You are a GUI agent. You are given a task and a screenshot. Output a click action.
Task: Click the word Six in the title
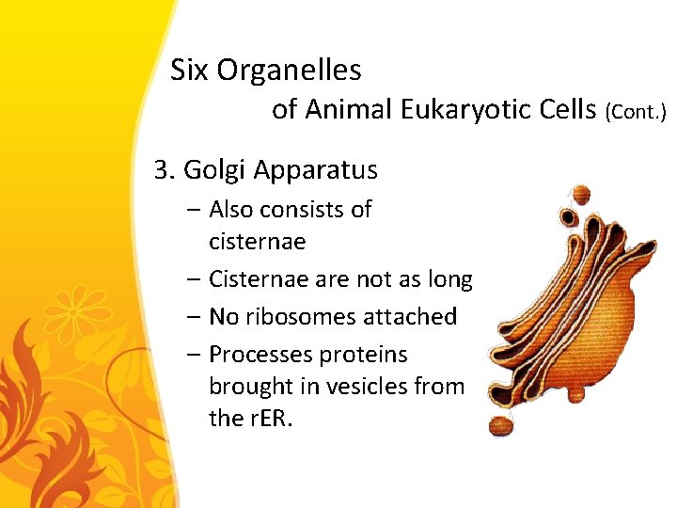190,70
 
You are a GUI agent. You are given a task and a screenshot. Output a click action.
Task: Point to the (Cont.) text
637,112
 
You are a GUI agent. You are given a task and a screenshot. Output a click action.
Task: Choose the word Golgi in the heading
213,171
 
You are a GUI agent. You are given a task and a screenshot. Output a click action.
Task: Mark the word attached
413,317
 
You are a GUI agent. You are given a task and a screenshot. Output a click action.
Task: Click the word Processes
260,355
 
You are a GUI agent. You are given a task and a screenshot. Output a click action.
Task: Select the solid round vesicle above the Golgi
582,194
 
